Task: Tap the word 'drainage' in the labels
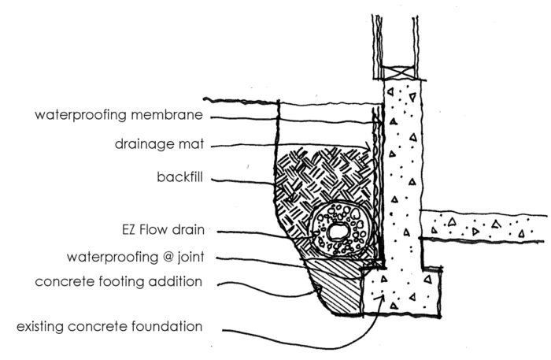point(139,146)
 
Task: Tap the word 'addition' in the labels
point(177,282)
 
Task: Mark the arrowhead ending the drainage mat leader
point(371,150)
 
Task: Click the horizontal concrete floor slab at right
point(488,227)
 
